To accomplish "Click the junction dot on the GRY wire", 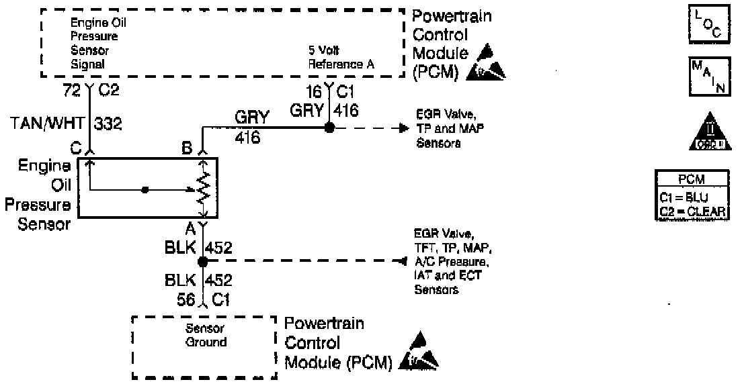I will click(329, 128).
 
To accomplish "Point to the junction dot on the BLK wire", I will click(202, 258).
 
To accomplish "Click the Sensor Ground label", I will click(206, 336).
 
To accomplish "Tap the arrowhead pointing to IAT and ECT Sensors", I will click(405, 258).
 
